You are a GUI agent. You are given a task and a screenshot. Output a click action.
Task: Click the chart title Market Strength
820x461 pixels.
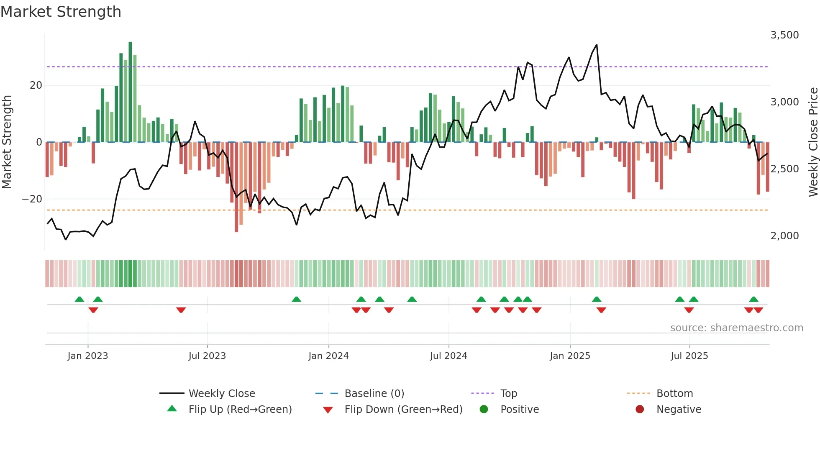pos(61,12)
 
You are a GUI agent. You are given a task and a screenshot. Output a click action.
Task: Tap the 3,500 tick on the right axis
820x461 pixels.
pos(784,35)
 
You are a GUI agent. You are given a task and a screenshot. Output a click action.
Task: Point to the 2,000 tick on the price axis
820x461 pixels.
pos(784,236)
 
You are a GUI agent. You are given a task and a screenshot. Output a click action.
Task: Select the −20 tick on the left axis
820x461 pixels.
pos(32,199)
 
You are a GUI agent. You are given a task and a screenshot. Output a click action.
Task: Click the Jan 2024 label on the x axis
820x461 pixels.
pos(328,356)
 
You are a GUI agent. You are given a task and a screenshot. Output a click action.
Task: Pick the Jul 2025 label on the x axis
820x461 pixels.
pos(689,356)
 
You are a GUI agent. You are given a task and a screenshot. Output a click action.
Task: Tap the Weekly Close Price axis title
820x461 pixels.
pos(813,142)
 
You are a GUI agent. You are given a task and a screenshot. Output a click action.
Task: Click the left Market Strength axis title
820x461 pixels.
pos(7,142)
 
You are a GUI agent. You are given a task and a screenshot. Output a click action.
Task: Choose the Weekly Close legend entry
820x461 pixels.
pos(221,393)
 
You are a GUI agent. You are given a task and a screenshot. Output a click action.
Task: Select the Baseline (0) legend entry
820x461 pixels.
pos(374,393)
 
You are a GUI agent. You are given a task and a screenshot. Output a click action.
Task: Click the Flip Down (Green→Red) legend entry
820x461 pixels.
pos(403,409)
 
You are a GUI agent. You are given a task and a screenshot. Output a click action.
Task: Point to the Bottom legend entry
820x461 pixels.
pos(674,393)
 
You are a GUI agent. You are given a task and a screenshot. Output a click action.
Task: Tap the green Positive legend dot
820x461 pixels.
pos(484,409)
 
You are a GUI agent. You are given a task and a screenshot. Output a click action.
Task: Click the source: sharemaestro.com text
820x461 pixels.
pos(736,328)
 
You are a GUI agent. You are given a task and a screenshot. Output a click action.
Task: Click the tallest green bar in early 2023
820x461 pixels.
pos(130,92)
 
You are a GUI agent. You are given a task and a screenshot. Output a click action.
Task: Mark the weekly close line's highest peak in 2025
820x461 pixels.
pos(597,45)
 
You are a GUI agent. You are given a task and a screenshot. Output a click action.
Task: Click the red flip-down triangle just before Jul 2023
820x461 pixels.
pos(181,310)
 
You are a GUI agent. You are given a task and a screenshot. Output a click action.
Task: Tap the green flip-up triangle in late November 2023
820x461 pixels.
pos(296,299)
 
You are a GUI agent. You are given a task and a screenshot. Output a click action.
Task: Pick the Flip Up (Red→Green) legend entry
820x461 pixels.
pos(240,409)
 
